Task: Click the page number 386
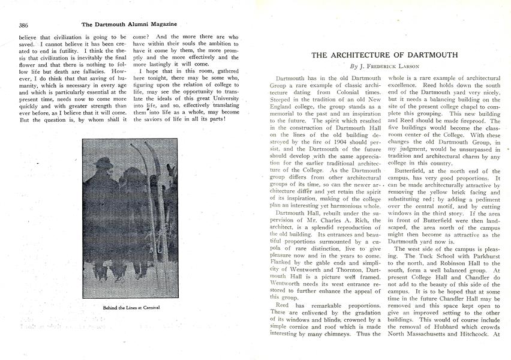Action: click(24, 25)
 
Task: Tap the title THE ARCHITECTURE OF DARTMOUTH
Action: click(385, 55)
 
